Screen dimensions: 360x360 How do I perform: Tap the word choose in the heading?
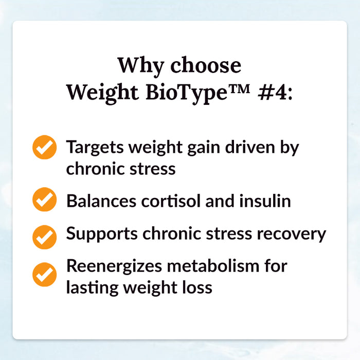tap(205, 66)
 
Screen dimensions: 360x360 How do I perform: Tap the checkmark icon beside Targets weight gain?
tap(45, 148)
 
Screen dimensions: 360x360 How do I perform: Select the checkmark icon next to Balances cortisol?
tap(45, 200)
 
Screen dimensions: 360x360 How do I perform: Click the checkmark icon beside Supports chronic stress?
tap(45, 236)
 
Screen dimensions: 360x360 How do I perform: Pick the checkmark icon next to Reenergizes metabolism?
tap(45, 274)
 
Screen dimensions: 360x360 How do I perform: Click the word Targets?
tap(95, 148)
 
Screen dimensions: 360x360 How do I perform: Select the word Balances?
tap(100, 200)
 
